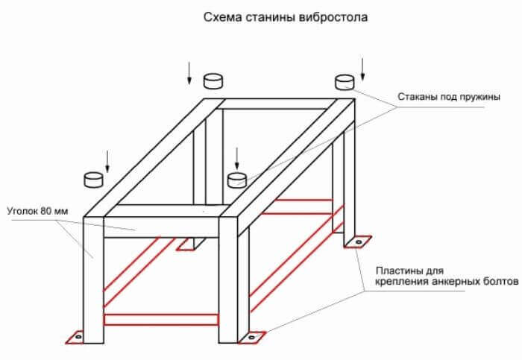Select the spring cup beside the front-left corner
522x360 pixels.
[93, 179]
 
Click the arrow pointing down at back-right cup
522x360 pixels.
[363, 69]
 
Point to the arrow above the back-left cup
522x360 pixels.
[189, 71]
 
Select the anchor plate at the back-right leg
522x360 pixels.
[356, 241]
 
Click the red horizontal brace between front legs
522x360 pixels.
[161, 319]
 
